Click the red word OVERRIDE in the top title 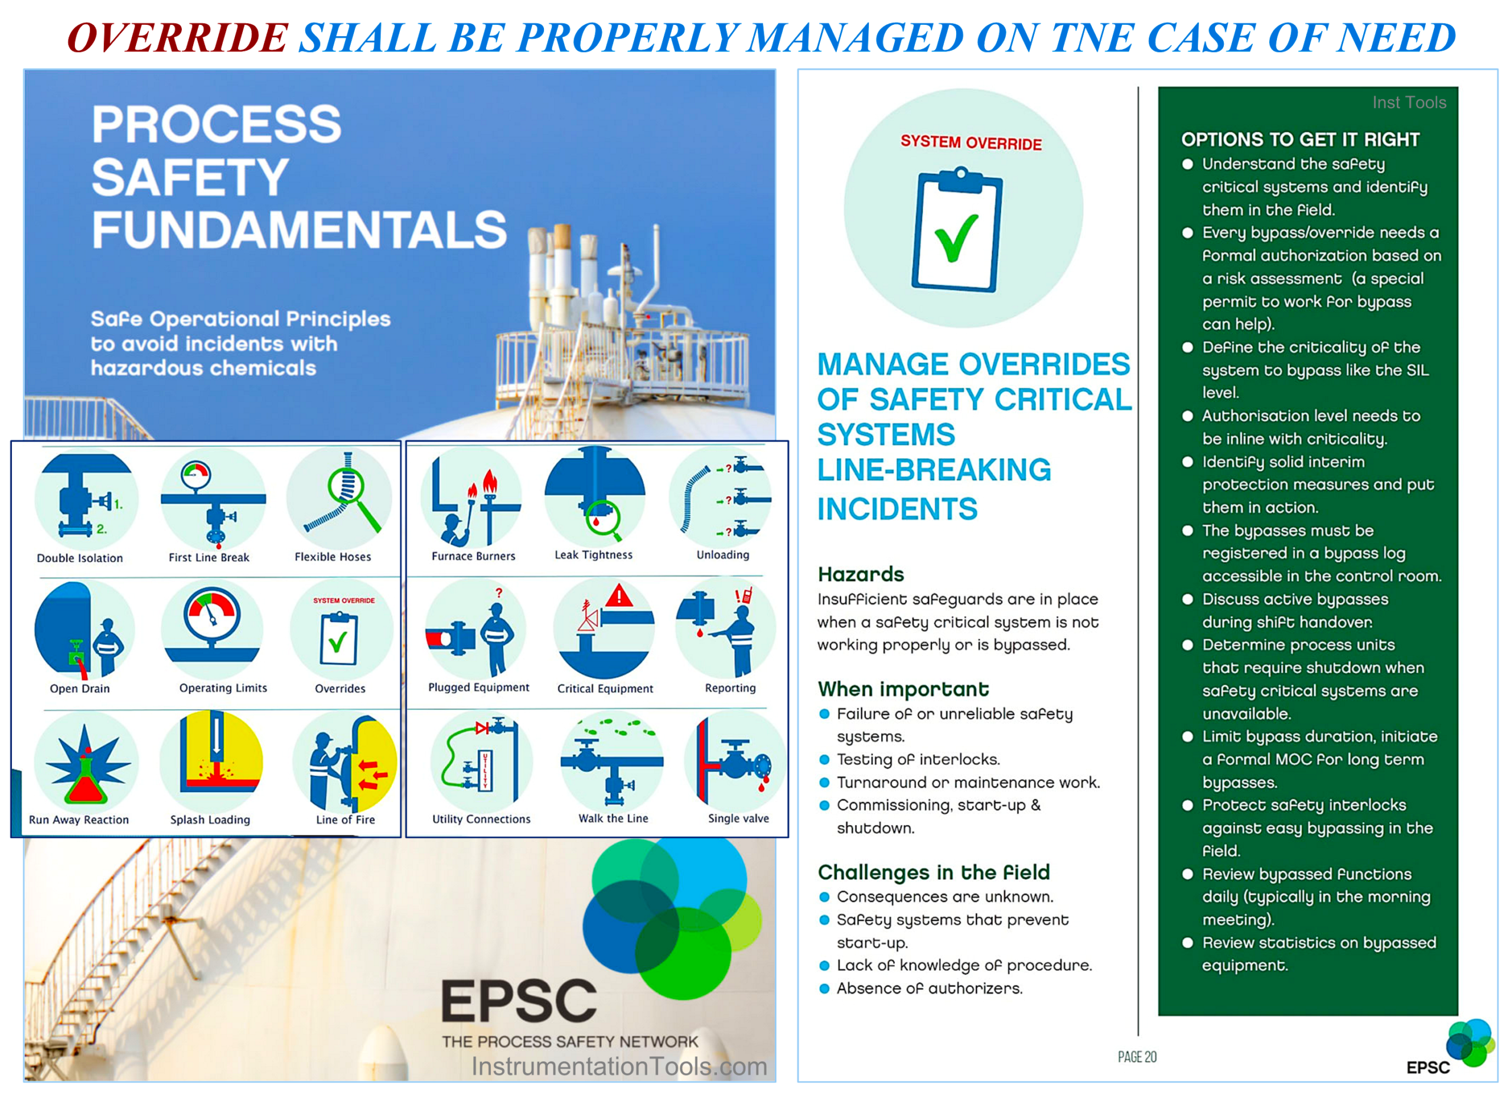(x=177, y=37)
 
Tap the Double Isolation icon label (x=80, y=558)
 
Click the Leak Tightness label (x=594, y=554)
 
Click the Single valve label (x=738, y=818)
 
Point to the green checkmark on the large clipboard (x=956, y=238)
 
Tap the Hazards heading (x=861, y=574)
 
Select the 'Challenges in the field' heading (x=933, y=872)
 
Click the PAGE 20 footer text (x=1137, y=1057)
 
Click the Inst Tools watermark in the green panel (x=1409, y=102)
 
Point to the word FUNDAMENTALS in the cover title (x=299, y=229)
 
